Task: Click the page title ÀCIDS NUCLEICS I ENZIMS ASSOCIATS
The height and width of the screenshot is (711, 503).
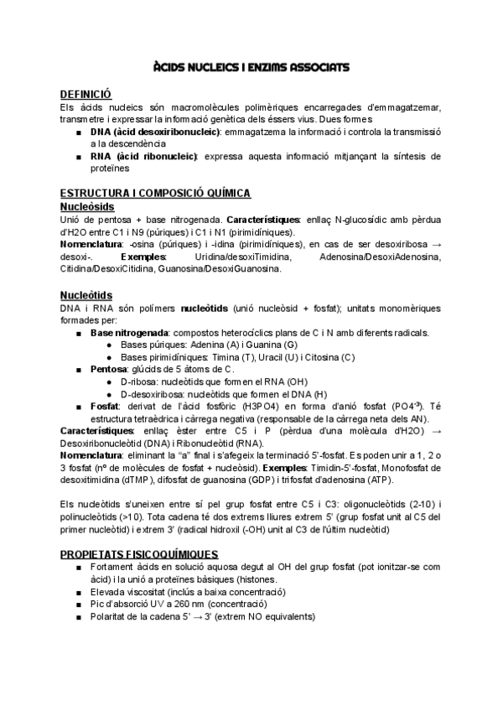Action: coord(251,66)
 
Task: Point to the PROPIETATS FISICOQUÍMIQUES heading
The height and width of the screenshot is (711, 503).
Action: coord(139,554)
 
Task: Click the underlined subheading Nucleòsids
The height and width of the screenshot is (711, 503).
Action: coord(87,205)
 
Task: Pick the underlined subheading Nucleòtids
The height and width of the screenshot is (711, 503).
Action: coord(87,294)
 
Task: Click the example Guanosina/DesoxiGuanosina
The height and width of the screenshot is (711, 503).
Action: coord(227,269)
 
